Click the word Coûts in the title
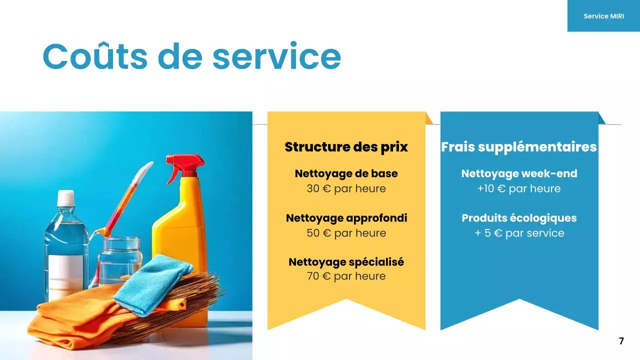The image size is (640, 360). pos(95,56)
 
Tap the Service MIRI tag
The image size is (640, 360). pos(603,16)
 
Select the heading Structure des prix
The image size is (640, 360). pos(346,147)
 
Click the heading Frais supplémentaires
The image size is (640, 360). pos(519,147)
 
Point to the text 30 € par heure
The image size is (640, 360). pos(346,188)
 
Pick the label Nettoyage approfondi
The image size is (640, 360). pos(346,218)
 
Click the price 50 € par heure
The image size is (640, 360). pos(346,233)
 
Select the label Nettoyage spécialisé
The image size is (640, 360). pos(346,262)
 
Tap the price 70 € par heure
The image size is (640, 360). pos(346,276)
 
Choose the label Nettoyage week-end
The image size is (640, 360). pos(519,173)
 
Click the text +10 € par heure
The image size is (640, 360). pos(519,188)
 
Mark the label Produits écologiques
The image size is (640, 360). pos(519,218)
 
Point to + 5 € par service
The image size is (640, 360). pos(519,233)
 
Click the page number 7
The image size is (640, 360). pos(621,341)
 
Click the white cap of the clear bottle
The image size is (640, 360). pos(65,198)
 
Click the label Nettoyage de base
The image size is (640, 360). pos(346,173)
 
